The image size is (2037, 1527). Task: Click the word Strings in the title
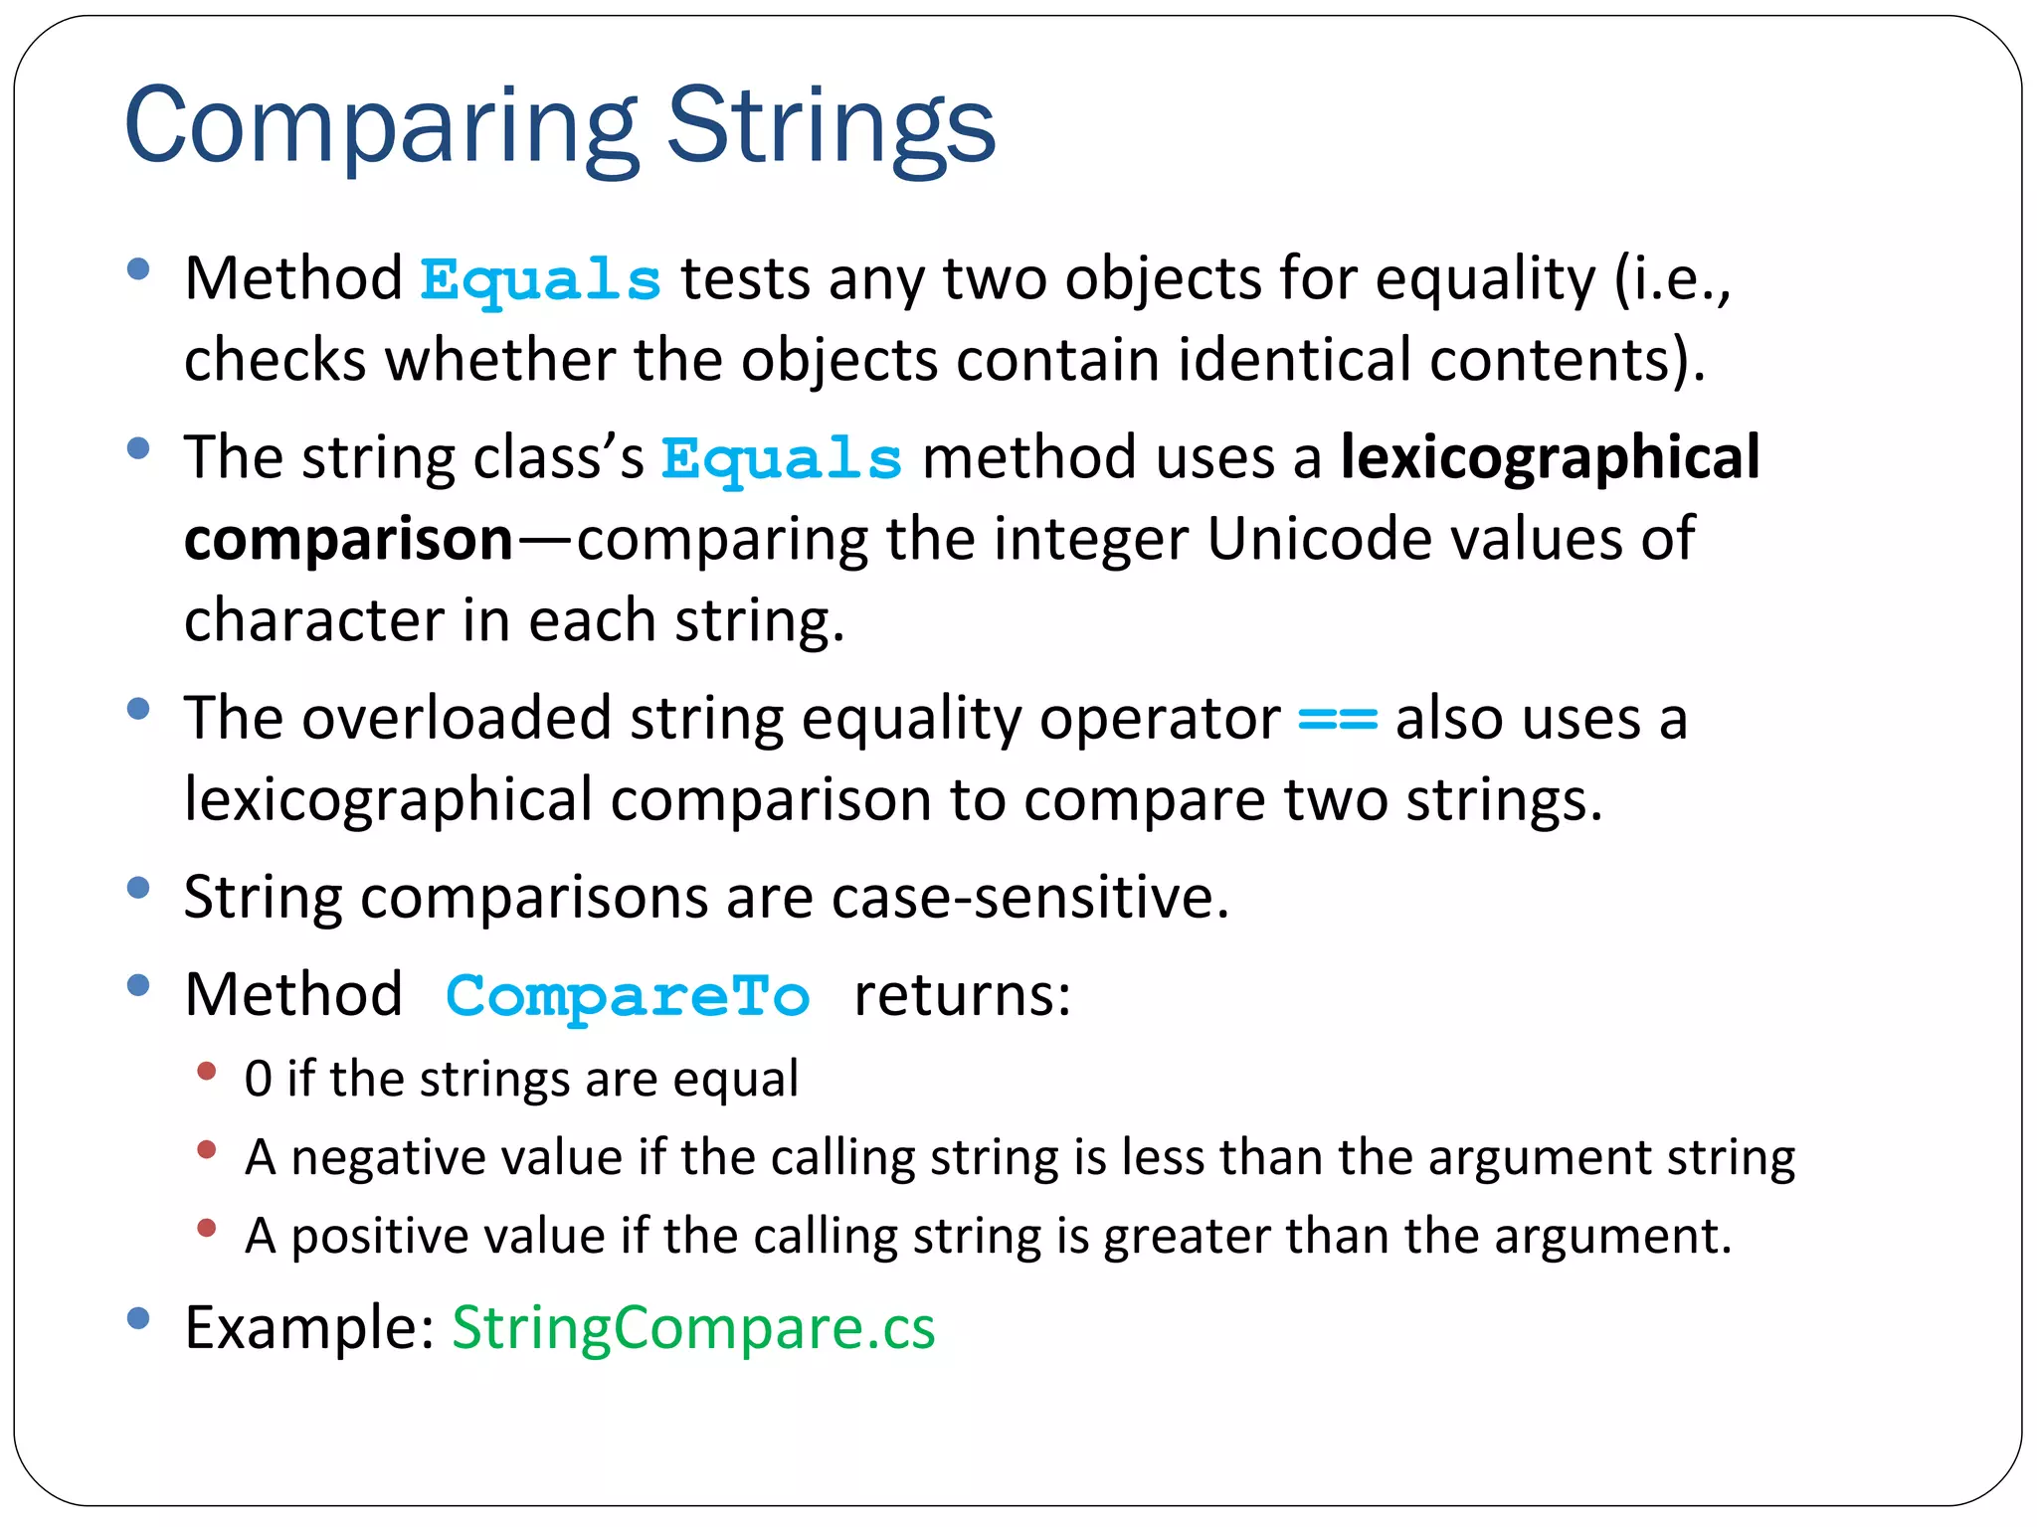(x=831, y=127)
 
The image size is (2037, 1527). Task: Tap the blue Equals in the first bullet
(x=540, y=280)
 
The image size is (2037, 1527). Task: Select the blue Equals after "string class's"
(x=782, y=460)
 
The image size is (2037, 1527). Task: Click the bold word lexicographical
(x=1550, y=458)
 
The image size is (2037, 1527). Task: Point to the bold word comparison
(x=348, y=540)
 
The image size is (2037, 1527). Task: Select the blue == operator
(x=1338, y=719)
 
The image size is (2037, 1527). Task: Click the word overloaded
(x=457, y=719)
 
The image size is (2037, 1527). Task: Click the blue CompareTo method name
(x=628, y=996)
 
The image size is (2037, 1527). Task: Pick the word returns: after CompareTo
(x=962, y=995)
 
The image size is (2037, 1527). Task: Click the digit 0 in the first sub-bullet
(x=259, y=1080)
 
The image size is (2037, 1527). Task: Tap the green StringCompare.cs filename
(x=693, y=1328)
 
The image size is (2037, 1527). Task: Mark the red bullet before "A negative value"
(x=207, y=1150)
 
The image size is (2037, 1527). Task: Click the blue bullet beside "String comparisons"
(x=138, y=888)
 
